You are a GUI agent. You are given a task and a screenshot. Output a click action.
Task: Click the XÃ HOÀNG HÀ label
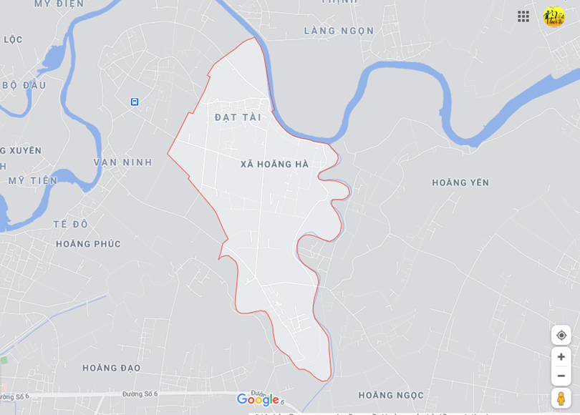(274, 165)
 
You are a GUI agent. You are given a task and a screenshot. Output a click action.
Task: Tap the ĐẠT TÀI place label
(238, 117)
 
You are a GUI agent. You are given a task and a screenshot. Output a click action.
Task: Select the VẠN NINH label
(122, 162)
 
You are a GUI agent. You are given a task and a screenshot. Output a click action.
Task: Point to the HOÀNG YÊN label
(460, 183)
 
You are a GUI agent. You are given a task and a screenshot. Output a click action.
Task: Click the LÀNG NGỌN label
(339, 31)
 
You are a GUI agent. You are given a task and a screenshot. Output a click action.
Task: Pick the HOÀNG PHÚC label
(88, 244)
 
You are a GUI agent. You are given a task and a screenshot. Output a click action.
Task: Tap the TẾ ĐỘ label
(70, 224)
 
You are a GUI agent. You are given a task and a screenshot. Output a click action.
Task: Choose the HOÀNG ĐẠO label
(111, 368)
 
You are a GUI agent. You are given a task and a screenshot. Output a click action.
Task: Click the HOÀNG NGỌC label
(391, 395)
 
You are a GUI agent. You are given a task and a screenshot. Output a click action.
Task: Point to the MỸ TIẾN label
(33, 180)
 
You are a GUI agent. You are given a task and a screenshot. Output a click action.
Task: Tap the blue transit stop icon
(135, 102)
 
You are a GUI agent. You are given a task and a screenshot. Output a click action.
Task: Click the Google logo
(258, 400)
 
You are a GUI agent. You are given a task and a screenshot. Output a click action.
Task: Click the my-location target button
(561, 335)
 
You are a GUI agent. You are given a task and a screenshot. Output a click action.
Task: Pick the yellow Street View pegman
(561, 398)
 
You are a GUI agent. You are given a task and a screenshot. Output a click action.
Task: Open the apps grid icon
(523, 16)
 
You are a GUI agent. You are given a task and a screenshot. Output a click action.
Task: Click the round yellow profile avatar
(554, 16)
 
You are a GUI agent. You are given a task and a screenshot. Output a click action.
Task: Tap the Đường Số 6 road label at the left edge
(14, 396)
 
